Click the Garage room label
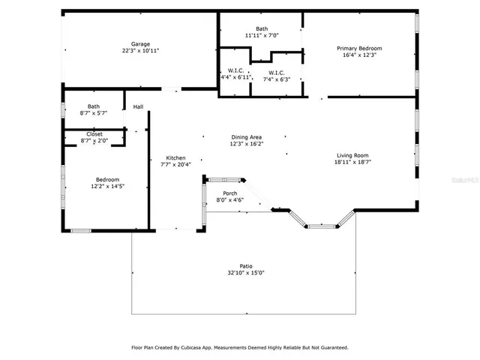click(x=140, y=44)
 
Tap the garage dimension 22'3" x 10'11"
click(x=140, y=51)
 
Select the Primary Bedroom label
click(x=358, y=48)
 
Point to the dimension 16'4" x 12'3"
click(x=358, y=55)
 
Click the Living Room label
click(x=352, y=155)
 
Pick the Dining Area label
click(x=246, y=136)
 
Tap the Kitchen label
click(x=175, y=157)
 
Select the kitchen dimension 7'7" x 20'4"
click(x=175, y=164)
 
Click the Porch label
click(x=230, y=193)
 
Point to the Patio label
click(x=246, y=265)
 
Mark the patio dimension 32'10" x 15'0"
click(x=246, y=272)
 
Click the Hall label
click(x=138, y=107)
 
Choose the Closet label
click(x=94, y=133)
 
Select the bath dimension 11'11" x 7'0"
click(x=261, y=35)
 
